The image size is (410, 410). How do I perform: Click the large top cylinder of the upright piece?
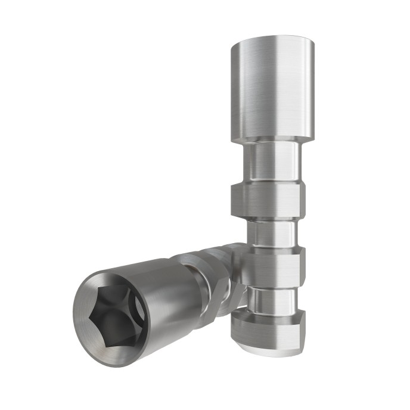coord(272,89)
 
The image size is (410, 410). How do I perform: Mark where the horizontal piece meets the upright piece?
coord(238,268)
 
